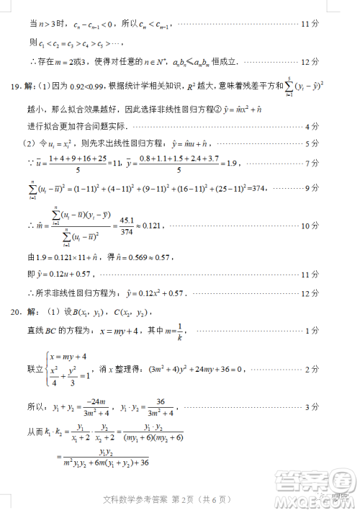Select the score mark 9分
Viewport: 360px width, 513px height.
point(310,189)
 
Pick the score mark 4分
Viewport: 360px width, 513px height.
point(310,126)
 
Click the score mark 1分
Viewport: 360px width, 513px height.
point(310,331)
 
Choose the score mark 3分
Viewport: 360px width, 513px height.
point(310,407)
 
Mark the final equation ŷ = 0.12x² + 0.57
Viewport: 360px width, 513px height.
point(156,293)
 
